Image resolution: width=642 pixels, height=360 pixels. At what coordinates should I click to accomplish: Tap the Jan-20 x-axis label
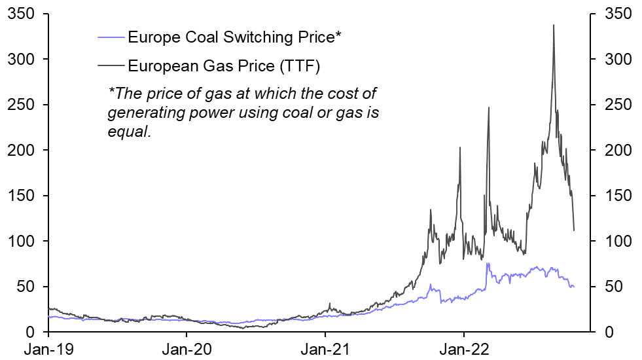(186, 349)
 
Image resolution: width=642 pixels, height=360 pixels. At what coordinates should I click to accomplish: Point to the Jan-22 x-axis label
(464, 349)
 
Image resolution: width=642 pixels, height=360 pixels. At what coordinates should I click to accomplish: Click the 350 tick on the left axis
(21, 14)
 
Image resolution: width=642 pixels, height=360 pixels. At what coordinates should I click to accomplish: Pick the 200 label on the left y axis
(21, 151)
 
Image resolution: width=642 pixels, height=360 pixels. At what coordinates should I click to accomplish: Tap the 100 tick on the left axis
(21, 242)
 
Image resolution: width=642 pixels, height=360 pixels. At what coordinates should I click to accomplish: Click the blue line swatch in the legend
(111, 37)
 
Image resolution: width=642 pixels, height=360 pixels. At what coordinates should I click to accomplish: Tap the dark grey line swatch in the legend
(111, 65)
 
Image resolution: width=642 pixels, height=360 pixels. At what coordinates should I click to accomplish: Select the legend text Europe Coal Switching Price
(234, 37)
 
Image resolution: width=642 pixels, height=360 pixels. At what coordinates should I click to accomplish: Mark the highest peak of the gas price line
(554, 26)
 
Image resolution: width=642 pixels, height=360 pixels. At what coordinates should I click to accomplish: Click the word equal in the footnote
(128, 132)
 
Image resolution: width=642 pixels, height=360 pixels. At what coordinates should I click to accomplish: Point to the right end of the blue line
(574, 287)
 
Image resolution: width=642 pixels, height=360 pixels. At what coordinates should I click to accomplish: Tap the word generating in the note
(146, 112)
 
